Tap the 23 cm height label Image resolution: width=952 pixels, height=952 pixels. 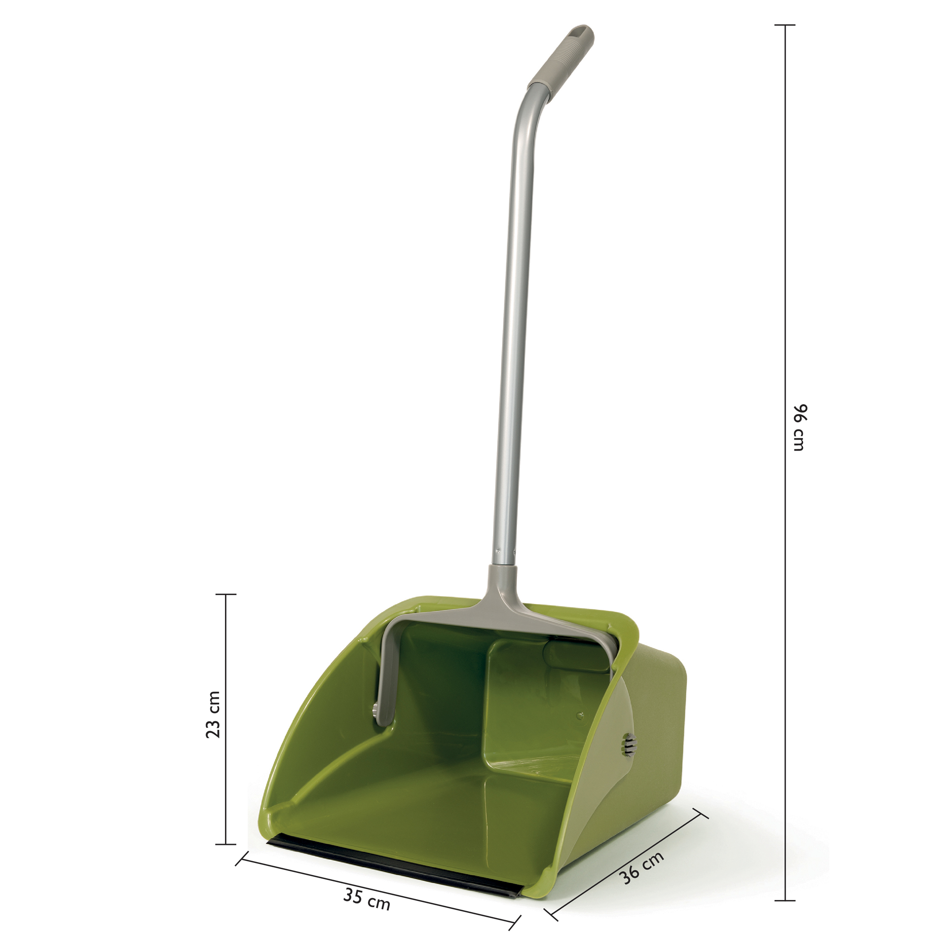(x=213, y=714)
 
